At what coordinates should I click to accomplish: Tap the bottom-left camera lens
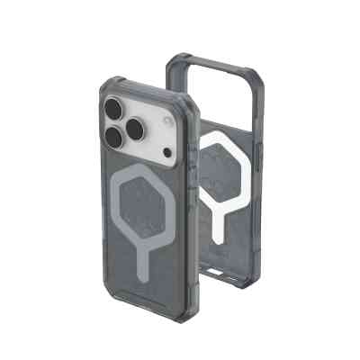(115, 138)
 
